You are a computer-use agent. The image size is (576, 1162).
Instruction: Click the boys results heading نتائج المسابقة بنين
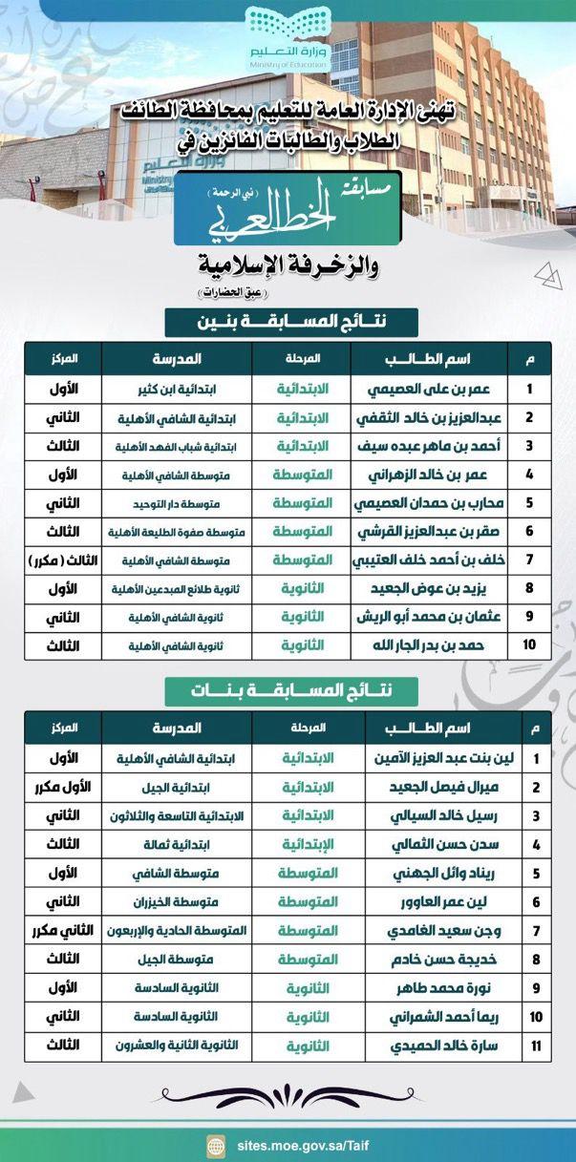pyautogui.click(x=288, y=322)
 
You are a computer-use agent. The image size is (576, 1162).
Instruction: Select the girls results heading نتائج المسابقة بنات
pyautogui.click(x=288, y=690)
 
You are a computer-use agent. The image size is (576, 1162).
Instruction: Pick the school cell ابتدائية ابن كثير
pyautogui.click(x=176, y=390)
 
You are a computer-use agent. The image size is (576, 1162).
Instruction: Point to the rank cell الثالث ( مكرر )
pyautogui.click(x=62, y=560)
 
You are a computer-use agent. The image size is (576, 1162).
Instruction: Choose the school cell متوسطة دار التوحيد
pyautogui.click(x=176, y=503)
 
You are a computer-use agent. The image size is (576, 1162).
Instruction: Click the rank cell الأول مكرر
pyautogui.click(x=62, y=788)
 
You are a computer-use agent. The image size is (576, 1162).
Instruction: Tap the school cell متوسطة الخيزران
pyautogui.click(x=176, y=901)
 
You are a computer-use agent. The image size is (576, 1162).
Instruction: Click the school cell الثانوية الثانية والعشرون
pyautogui.click(x=176, y=1046)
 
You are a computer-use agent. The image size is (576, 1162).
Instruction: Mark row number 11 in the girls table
pyautogui.click(x=536, y=1046)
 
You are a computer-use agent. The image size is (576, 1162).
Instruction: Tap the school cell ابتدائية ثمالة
pyautogui.click(x=176, y=845)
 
